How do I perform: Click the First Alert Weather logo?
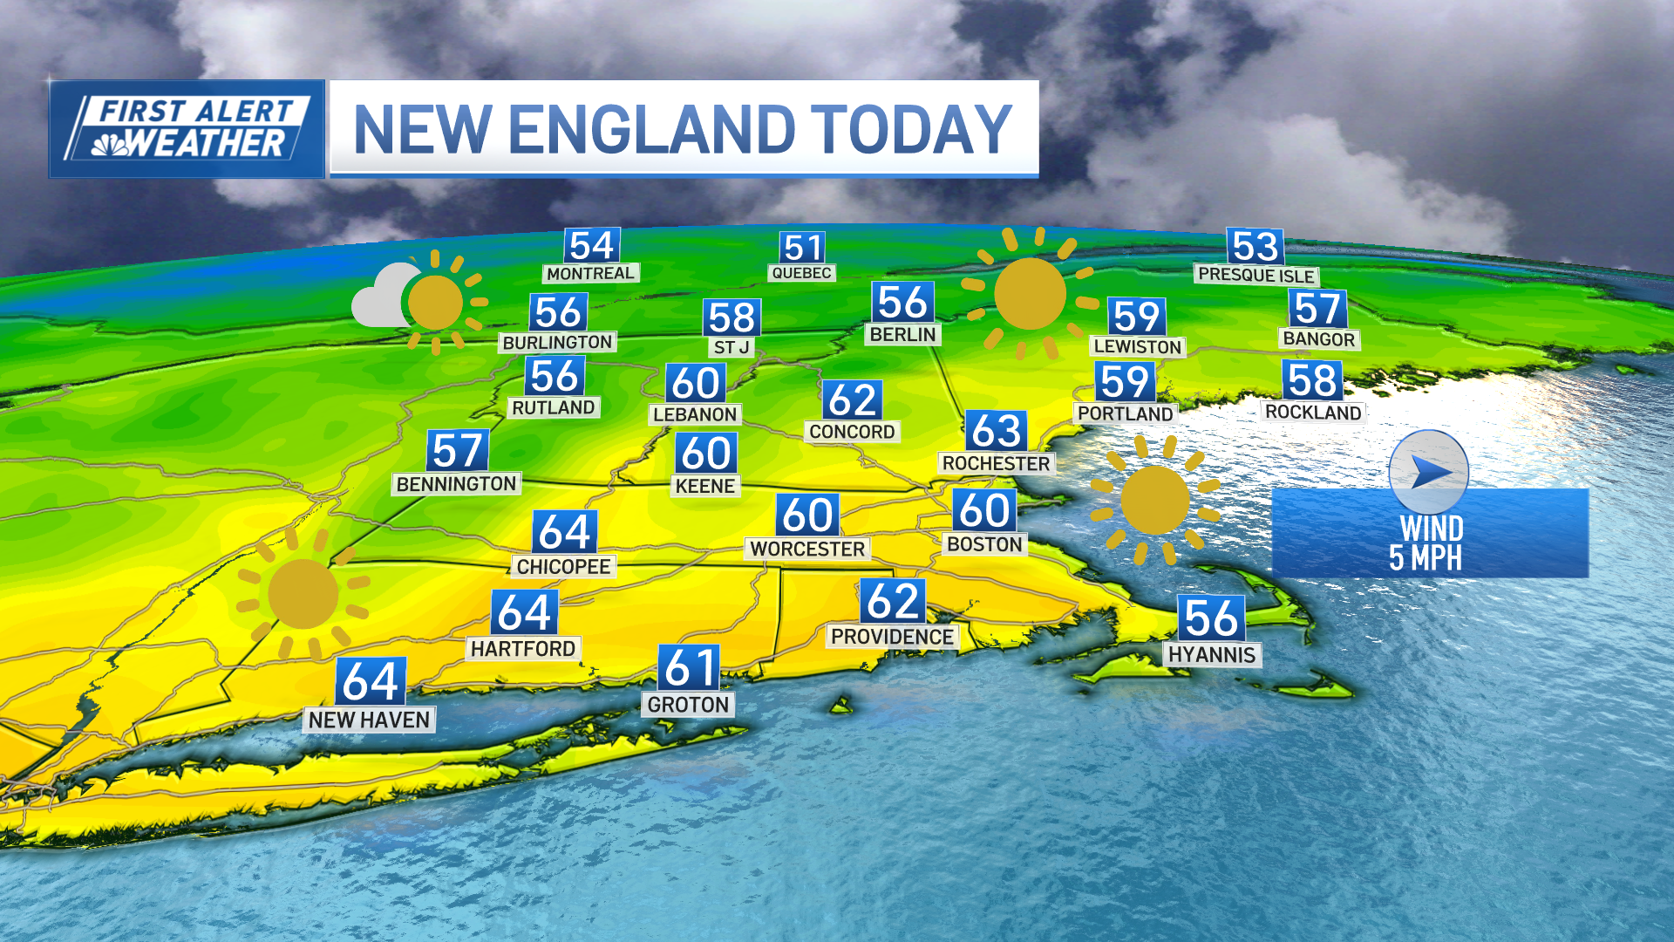(187, 129)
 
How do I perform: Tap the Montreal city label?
(590, 273)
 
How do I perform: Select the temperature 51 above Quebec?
(802, 248)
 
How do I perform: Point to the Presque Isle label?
(1255, 275)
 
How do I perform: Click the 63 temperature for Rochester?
(996, 431)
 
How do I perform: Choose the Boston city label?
(984, 544)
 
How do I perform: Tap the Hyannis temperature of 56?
(1210, 618)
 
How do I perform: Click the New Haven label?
(369, 720)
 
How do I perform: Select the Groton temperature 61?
(689, 668)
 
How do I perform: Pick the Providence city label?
(892, 637)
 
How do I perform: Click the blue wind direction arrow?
(1429, 472)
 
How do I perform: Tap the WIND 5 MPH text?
(1428, 543)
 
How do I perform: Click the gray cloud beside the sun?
(379, 298)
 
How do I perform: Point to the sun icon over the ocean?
(1154, 500)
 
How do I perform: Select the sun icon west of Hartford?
(303, 594)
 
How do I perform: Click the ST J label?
(732, 347)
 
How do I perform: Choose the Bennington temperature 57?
(457, 451)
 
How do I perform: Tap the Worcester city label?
(807, 549)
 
